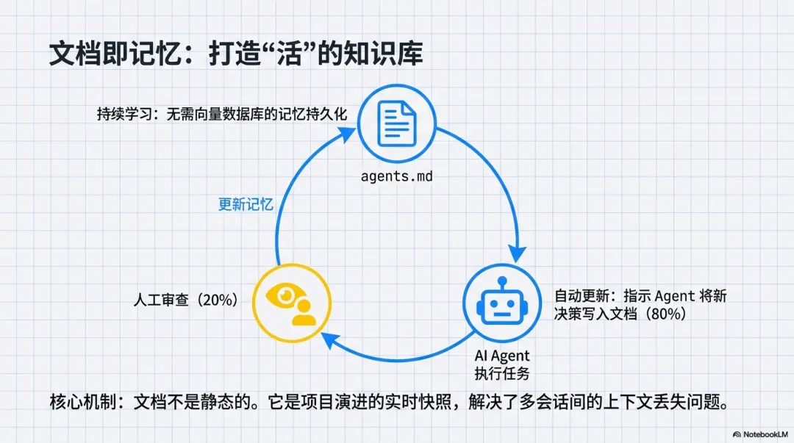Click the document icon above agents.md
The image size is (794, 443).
(x=398, y=124)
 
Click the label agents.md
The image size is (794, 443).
(x=398, y=178)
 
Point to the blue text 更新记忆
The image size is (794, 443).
(x=246, y=204)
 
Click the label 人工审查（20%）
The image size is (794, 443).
(x=186, y=300)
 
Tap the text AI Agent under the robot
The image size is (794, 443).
(x=502, y=356)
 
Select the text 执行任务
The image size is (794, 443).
(x=502, y=373)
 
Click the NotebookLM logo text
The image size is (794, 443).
(x=757, y=434)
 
